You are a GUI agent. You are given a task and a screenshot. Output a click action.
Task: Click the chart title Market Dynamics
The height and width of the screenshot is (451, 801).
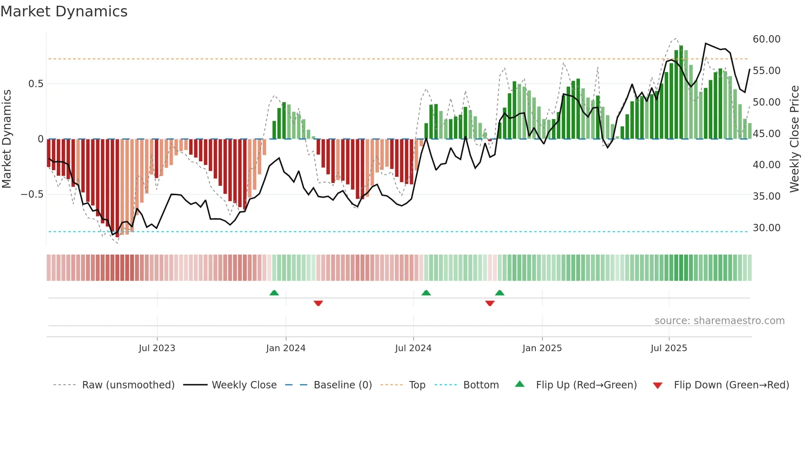[64, 11]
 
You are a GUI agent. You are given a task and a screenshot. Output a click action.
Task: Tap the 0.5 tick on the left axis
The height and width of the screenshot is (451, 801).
[36, 84]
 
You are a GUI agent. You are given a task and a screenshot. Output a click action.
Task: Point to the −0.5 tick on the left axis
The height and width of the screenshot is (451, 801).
[32, 194]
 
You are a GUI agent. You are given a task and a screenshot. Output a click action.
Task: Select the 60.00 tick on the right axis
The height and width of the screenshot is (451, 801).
[766, 39]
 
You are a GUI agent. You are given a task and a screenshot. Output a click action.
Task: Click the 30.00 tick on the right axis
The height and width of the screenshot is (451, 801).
[766, 228]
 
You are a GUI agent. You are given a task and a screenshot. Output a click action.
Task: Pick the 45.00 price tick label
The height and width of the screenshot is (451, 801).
[766, 134]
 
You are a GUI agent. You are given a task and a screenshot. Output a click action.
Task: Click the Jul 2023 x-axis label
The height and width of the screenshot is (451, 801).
[157, 348]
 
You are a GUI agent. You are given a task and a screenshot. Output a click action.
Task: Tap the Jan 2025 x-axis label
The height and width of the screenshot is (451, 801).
[542, 348]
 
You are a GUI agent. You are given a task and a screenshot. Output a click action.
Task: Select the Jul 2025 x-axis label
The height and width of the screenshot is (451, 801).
[669, 348]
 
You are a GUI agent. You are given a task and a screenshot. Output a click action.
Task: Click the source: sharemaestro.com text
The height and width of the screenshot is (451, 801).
[719, 321]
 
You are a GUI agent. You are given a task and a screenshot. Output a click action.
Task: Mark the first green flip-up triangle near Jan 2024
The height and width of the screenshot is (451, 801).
[274, 293]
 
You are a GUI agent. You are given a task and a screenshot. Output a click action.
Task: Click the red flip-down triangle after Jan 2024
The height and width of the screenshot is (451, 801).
[318, 303]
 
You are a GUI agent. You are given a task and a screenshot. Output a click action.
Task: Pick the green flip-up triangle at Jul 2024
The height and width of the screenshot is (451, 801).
[426, 293]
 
